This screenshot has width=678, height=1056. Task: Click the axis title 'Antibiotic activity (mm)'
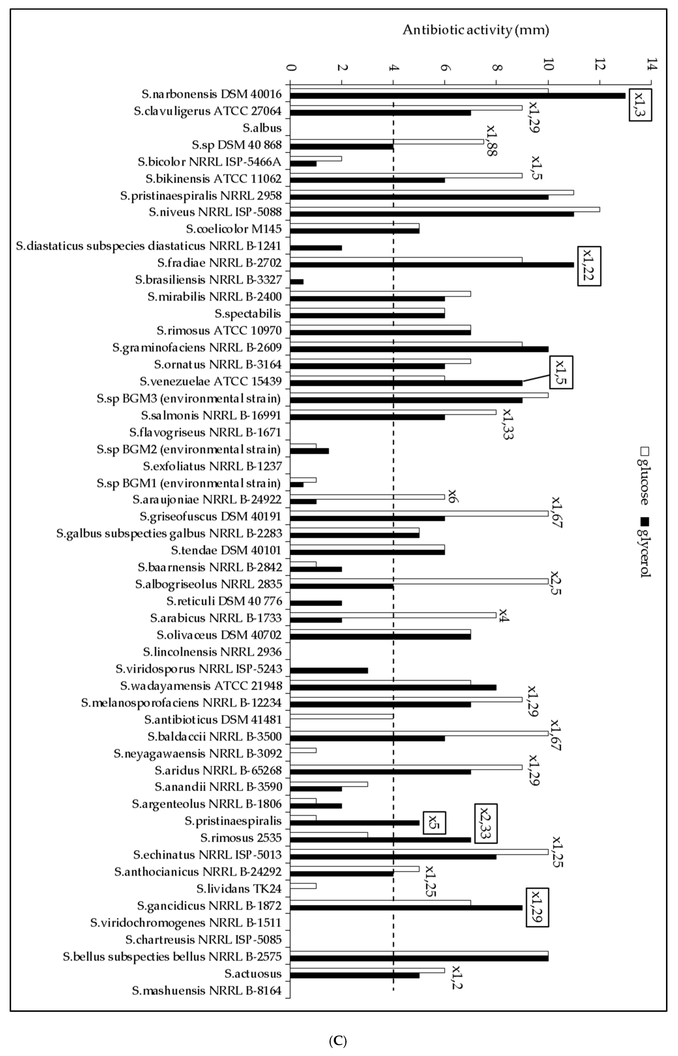[x=475, y=30]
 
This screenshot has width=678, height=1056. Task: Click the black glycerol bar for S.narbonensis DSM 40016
[x=458, y=96]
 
